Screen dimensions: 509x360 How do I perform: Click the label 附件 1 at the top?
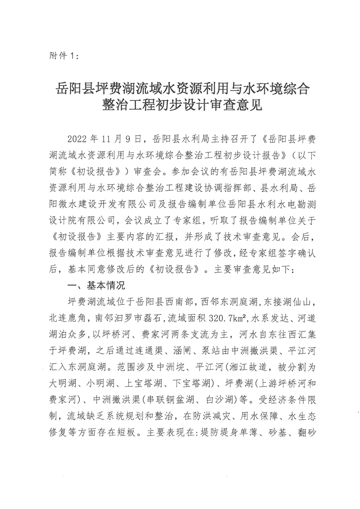click(63, 56)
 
